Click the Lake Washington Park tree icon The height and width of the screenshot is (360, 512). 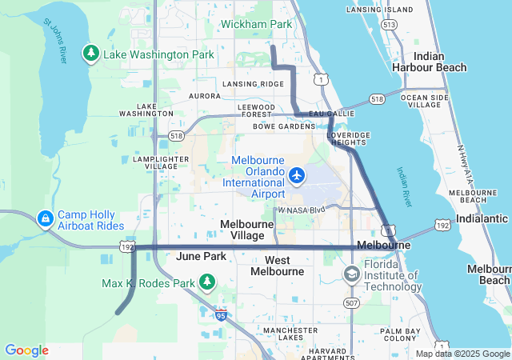(x=91, y=54)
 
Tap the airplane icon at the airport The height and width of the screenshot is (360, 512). (x=298, y=174)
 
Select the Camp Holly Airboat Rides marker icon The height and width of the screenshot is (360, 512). (x=45, y=218)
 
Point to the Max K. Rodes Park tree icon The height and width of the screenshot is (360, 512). (x=207, y=282)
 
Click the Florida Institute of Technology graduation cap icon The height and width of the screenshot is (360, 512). (x=351, y=274)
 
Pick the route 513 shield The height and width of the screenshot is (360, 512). (x=389, y=26)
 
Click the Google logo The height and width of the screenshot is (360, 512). (x=26, y=350)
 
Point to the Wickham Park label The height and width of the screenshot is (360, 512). (x=256, y=24)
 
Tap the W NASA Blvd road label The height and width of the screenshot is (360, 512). (x=302, y=210)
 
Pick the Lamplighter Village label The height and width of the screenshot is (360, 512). (x=161, y=163)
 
